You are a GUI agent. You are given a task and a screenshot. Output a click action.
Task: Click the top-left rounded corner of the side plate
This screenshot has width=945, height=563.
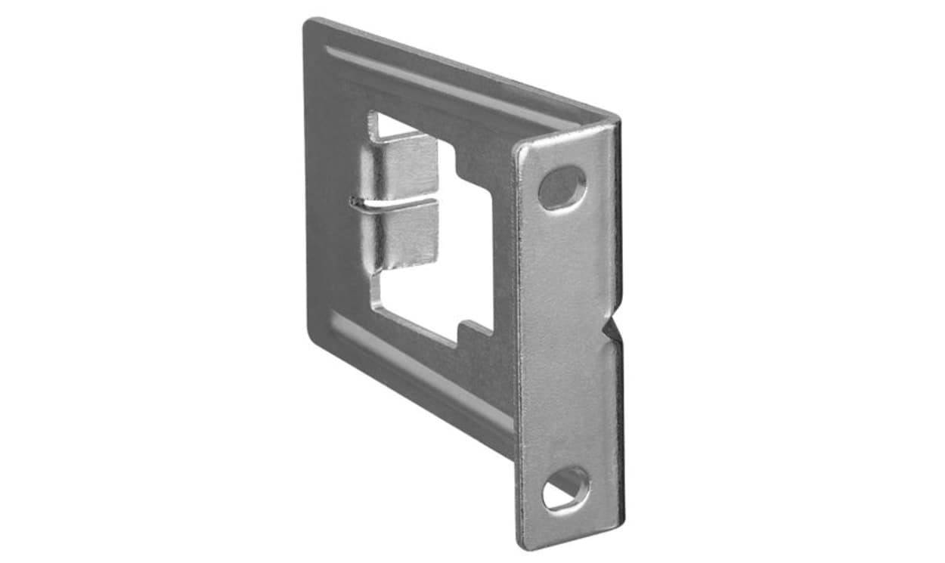311,26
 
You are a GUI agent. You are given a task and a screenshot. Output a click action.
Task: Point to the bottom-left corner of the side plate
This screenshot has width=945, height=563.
311,333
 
